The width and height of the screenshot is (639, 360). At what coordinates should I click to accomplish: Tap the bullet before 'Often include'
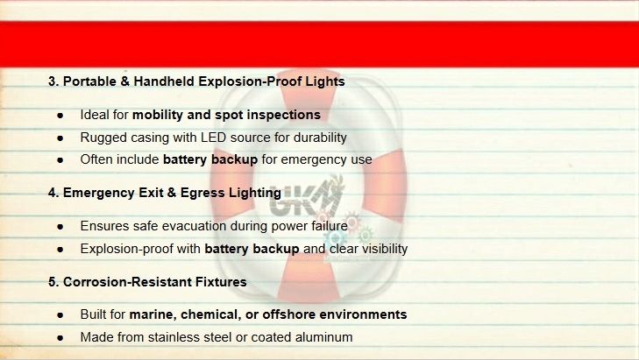pyautogui.click(x=60, y=160)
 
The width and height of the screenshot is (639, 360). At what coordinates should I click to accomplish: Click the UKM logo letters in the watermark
pyautogui.click(x=305, y=200)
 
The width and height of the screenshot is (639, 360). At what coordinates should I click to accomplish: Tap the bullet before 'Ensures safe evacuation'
pyautogui.click(x=60, y=227)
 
